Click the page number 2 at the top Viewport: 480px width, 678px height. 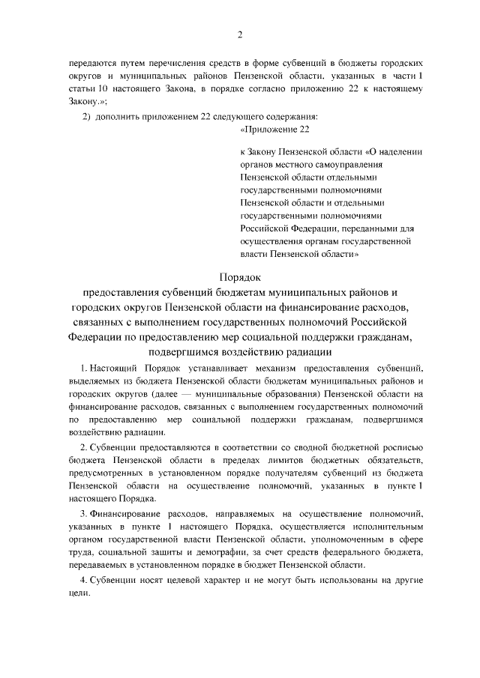pos(240,34)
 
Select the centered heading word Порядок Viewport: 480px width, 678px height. pos(240,277)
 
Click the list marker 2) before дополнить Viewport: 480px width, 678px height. pos(85,116)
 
